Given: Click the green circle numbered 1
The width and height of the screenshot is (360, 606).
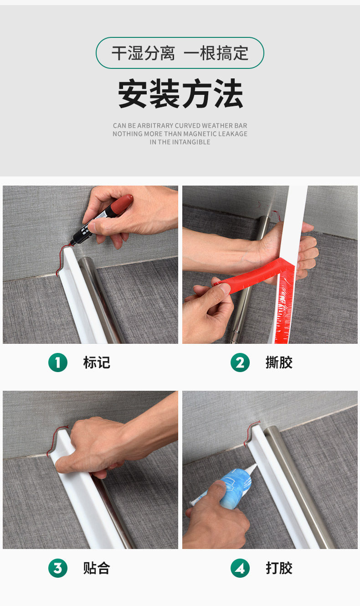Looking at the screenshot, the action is (x=58, y=362).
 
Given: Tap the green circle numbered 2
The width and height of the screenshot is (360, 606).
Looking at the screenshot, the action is (x=240, y=362).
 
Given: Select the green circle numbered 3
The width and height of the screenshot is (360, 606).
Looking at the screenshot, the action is (x=58, y=568).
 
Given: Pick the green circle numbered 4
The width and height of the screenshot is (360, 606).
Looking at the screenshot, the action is (x=240, y=568).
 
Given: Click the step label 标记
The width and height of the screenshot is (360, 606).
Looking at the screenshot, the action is (x=97, y=363).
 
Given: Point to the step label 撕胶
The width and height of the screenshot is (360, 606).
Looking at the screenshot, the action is (x=279, y=363).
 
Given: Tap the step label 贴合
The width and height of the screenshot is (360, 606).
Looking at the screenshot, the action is (x=97, y=568).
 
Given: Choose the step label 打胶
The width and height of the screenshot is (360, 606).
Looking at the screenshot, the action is (x=279, y=568).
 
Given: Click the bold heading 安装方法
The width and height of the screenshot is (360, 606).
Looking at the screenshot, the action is (x=180, y=93).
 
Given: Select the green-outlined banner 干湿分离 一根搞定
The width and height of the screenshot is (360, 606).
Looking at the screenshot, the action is (x=180, y=53).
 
